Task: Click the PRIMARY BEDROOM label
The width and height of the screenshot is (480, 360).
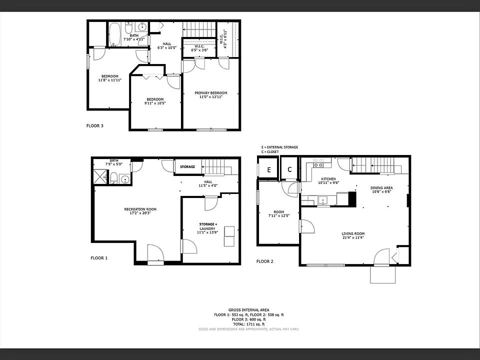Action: coord(210,93)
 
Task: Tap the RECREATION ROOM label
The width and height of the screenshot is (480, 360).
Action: coord(140,209)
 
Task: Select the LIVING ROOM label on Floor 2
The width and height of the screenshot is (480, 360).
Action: coord(353,233)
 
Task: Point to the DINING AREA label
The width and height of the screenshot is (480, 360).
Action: coord(381,188)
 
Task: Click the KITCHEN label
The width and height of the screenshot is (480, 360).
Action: coord(328,179)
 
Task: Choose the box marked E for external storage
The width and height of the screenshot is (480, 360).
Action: coord(268,170)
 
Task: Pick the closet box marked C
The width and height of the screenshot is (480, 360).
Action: coord(289,170)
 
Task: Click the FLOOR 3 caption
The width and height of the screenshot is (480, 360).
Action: coord(95,126)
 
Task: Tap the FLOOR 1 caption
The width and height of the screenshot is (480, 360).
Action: coord(99,258)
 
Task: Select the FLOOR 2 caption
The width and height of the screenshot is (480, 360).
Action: coord(265,261)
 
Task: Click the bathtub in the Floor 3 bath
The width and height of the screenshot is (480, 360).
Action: coord(114,33)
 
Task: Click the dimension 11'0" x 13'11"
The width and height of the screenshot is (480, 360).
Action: coord(210,97)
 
